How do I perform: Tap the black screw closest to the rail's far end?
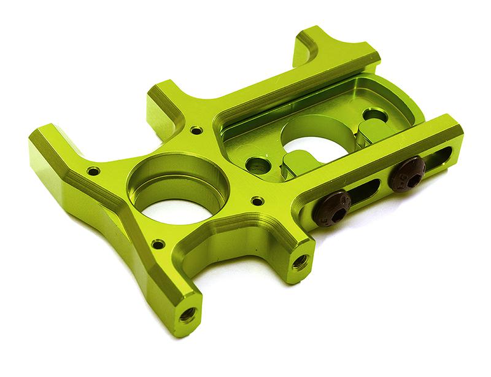point(407,174)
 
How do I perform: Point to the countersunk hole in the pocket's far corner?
point(373,114)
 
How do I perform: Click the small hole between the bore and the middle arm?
point(196,130)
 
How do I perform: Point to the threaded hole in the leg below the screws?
point(300,263)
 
